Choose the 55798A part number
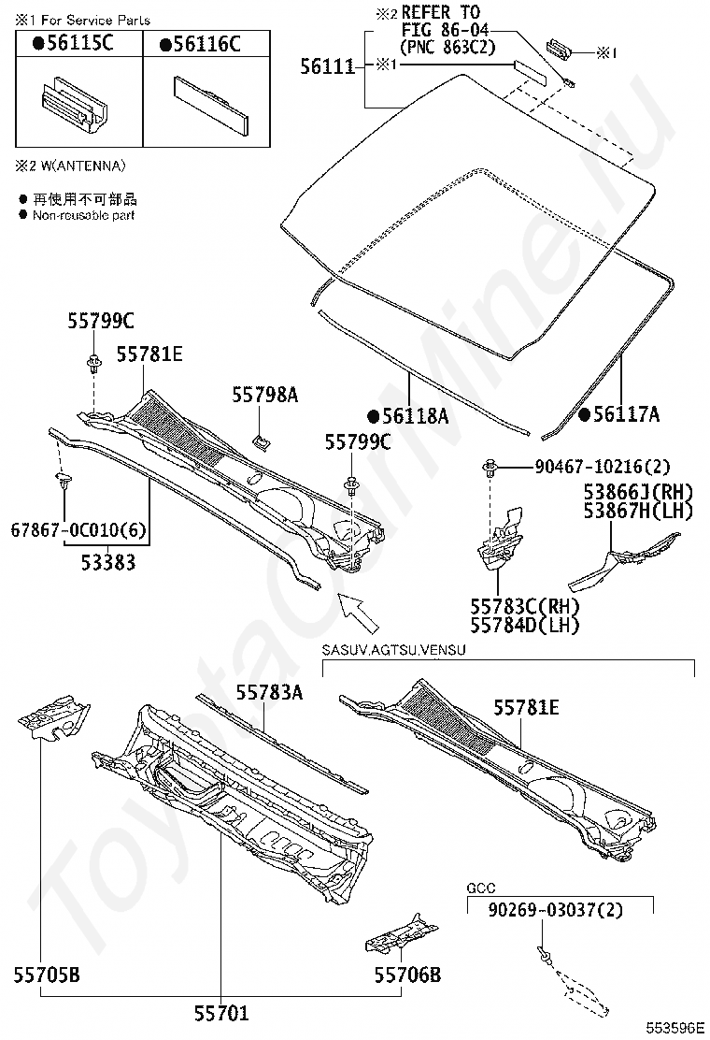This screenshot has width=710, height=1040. pos(264,396)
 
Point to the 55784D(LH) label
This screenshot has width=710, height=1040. pos(524,625)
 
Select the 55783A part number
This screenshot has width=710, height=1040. pos(268,692)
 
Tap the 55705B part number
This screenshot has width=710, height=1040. pos(46,975)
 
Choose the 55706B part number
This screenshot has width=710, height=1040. pos(407,975)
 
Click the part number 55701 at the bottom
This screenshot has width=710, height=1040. pos(221,1011)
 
